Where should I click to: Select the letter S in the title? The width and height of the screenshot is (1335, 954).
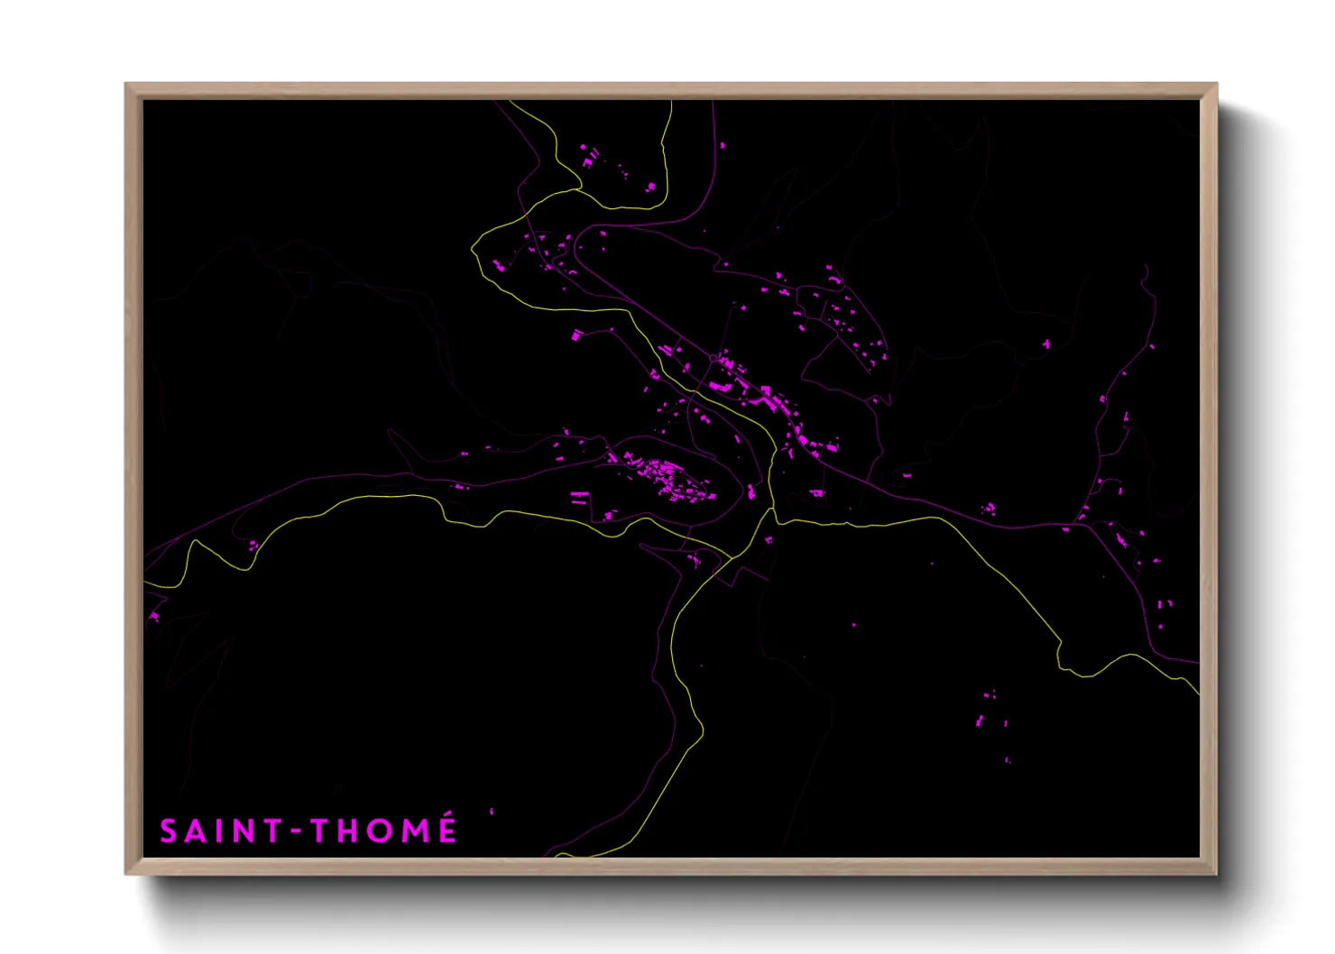(169, 831)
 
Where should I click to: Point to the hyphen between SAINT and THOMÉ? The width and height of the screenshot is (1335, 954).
(295, 832)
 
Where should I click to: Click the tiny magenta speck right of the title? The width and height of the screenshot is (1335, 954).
(492, 812)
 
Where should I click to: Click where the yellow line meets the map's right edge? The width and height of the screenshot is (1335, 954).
(1199, 693)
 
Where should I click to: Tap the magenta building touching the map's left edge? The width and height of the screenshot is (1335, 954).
(152, 617)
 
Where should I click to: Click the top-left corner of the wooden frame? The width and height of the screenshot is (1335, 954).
(126, 85)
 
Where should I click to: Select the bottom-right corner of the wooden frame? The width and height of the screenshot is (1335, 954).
(1216, 873)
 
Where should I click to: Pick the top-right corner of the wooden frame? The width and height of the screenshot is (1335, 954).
(1216, 85)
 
